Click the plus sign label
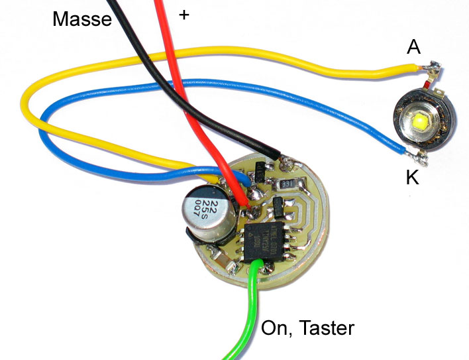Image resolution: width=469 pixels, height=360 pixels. tap(183, 13)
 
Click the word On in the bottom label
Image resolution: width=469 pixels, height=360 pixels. tap(275, 327)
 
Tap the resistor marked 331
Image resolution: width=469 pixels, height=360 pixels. tap(286, 183)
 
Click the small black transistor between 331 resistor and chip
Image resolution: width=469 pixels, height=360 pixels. tap(281, 208)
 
